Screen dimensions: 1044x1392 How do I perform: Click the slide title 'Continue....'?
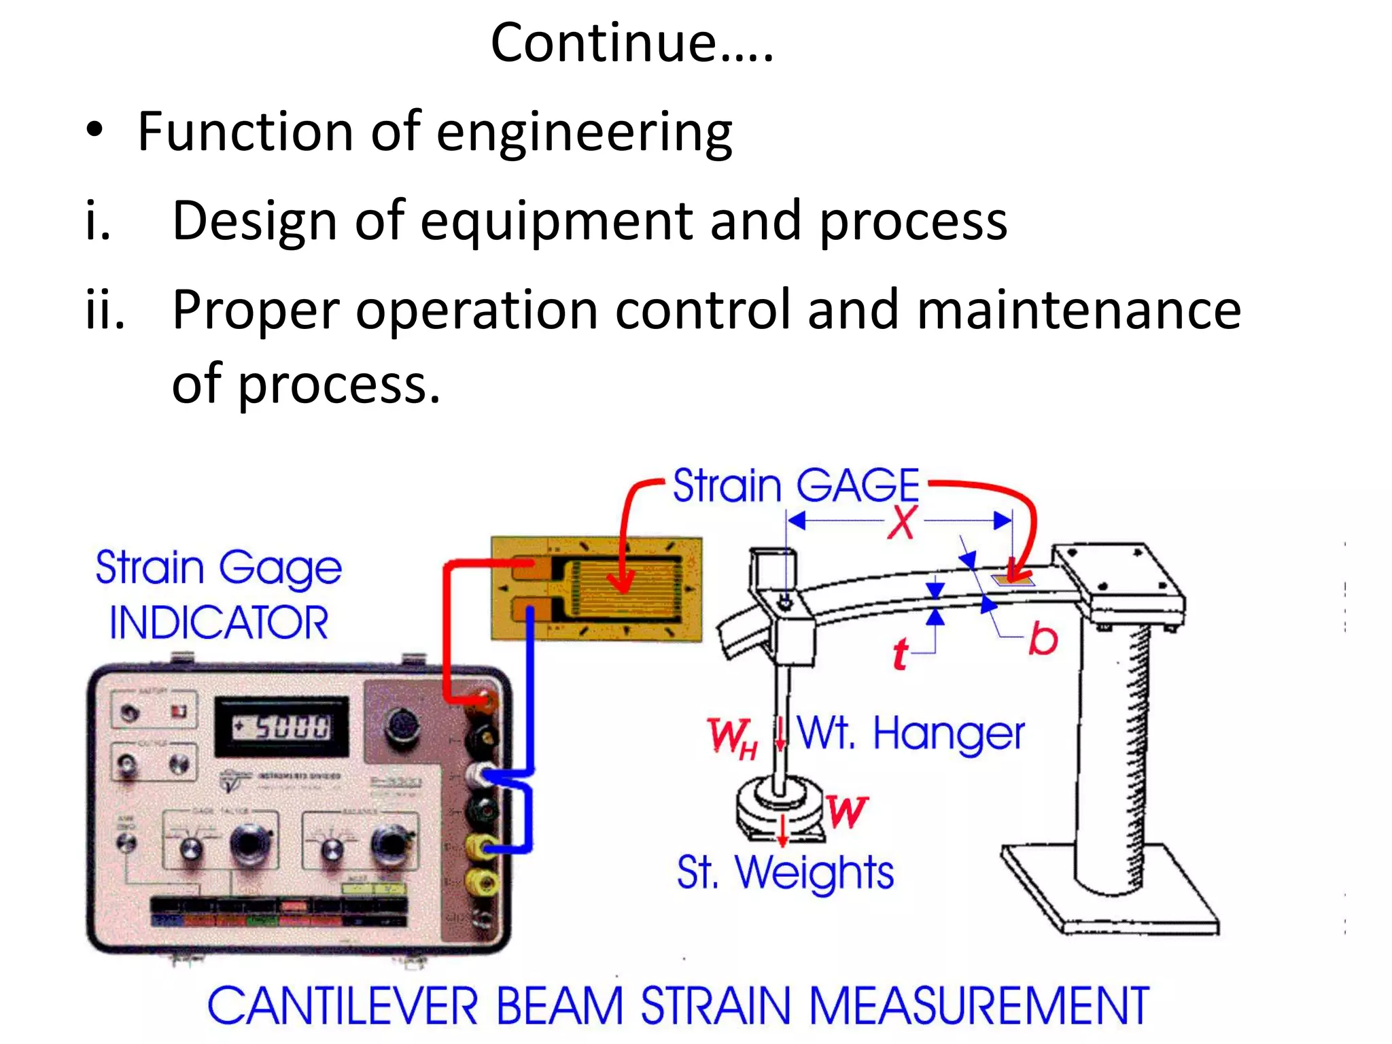632,42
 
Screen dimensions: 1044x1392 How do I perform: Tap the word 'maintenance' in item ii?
1079,310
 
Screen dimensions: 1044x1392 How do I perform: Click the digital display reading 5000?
282,727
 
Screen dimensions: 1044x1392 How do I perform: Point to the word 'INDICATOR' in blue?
219,623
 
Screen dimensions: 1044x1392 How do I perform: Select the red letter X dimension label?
903,522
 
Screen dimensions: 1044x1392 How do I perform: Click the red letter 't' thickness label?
900,654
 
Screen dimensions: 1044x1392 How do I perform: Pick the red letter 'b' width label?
1043,639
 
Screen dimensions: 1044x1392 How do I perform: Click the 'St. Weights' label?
785,873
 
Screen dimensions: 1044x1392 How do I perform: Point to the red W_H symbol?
731,737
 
